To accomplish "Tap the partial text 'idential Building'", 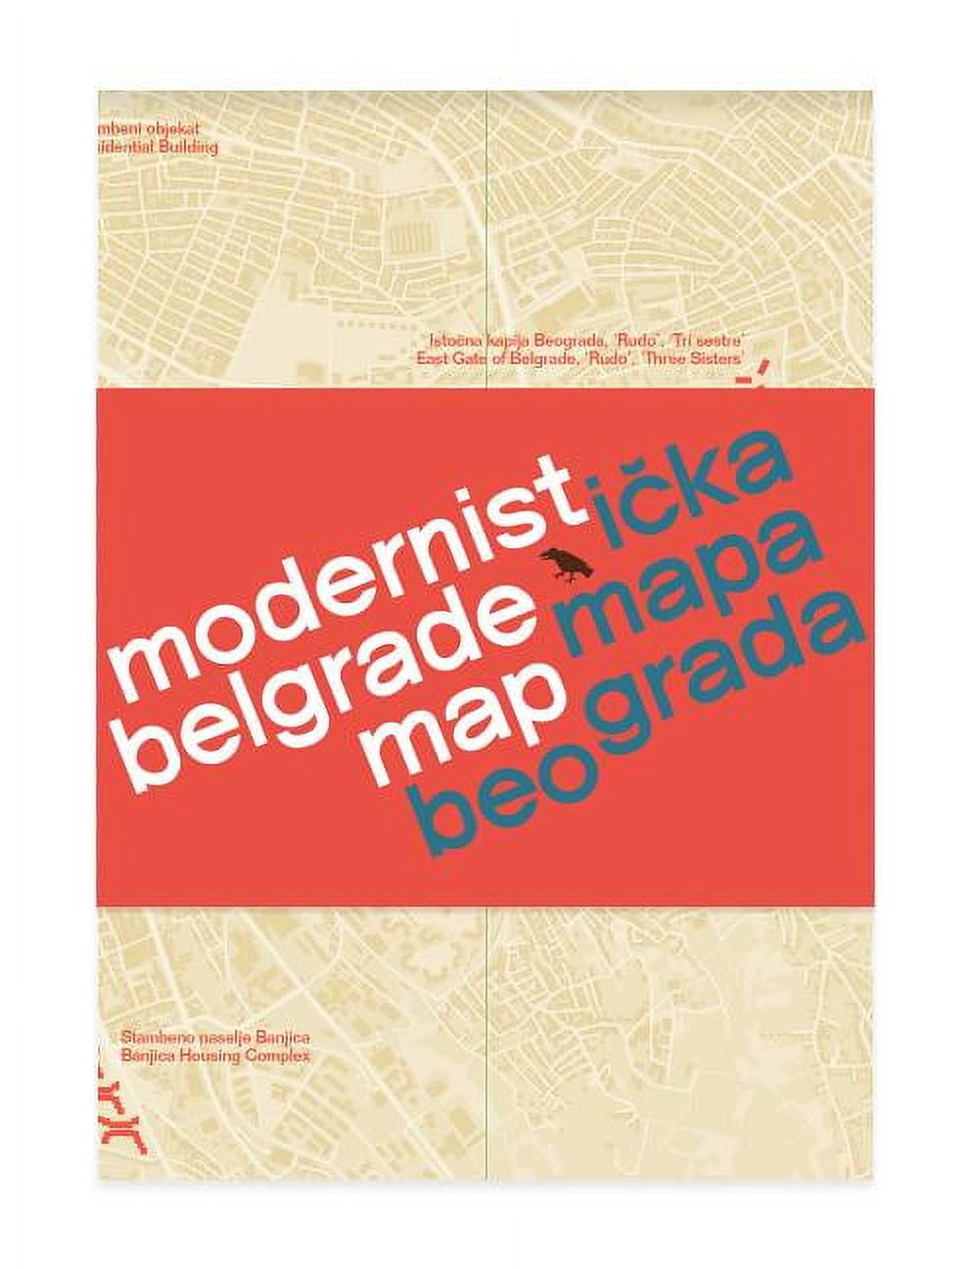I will point(158,147).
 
